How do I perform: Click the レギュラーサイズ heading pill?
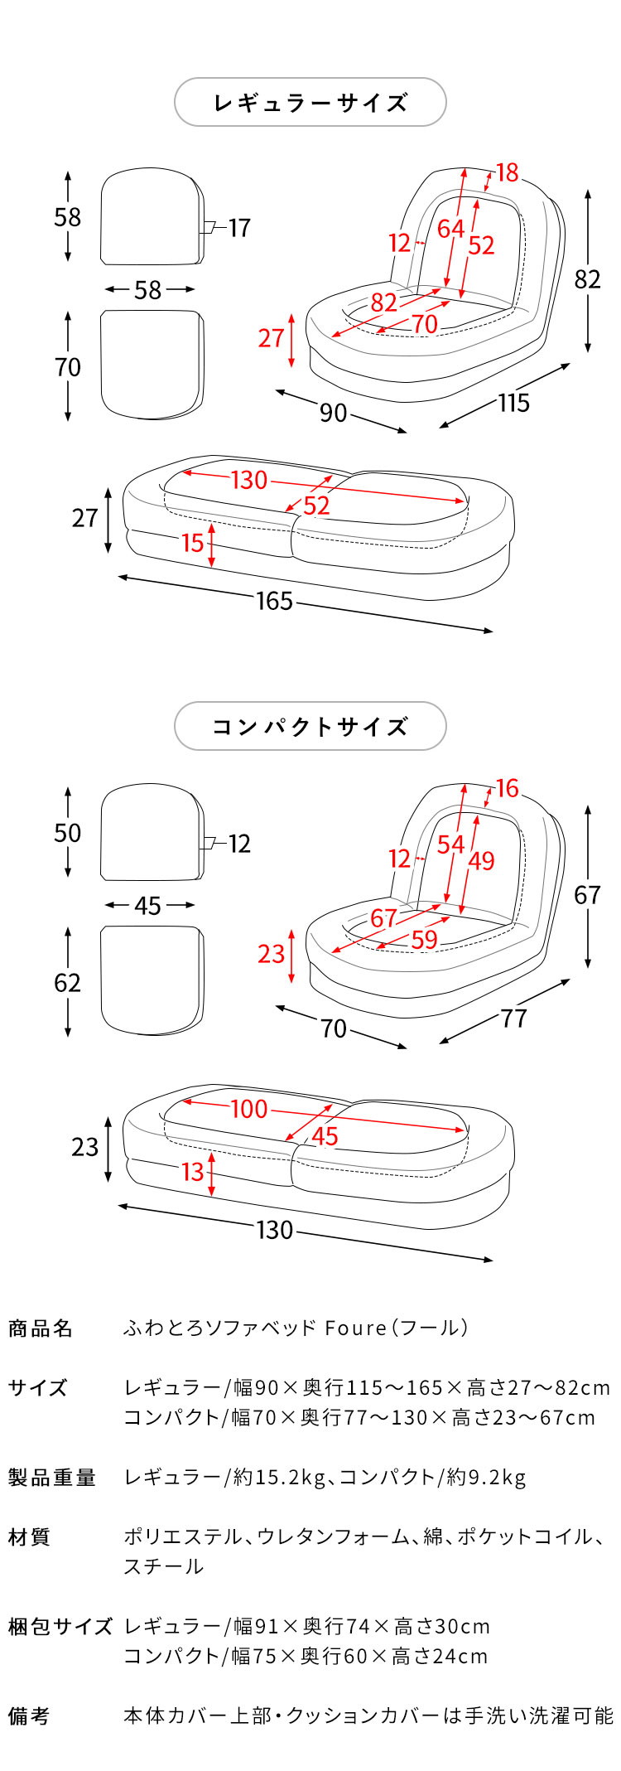(x=310, y=103)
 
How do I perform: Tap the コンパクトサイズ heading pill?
(x=310, y=727)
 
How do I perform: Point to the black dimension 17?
(x=239, y=228)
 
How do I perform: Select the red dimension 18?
(x=507, y=172)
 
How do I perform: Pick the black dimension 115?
(x=513, y=403)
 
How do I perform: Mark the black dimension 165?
(x=275, y=601)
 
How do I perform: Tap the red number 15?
(x=192, y=543)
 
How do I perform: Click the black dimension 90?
(x=333, y=412)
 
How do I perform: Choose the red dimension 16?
(x=507, y=788)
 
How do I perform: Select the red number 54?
(x=451, y=844)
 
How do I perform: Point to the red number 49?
(x=481, y=861)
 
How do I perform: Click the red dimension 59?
(x=424, y=940)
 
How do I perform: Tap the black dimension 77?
(x=513, y=1019)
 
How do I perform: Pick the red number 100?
(x=249, y=1109)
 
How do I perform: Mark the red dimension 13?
(x=192, y=1172)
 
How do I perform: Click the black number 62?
(x=68, y=983)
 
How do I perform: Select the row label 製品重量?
(x=52, y=1477)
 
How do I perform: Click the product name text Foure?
(x=355, y=1328)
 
